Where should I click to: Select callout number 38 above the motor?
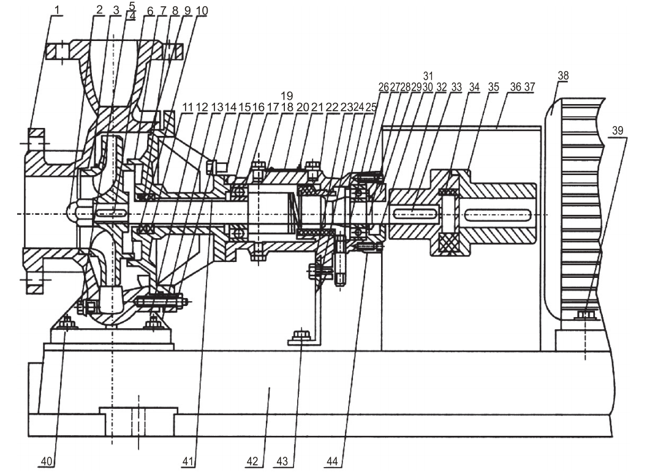[563, 75]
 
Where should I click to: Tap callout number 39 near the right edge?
[618, 130]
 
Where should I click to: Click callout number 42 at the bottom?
[252, 462]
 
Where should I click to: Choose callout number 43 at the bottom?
[282, 462]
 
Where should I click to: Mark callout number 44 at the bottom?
[332, 462]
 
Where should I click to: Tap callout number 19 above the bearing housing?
[287, 95]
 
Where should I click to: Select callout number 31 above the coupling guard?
[428, 76]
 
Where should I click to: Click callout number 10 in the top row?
[202, 11]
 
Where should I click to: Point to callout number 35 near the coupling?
[494, 87]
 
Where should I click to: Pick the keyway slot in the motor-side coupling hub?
[497, 215]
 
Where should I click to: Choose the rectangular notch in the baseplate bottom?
[138, 421]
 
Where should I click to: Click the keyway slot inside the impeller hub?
[111, 214]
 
